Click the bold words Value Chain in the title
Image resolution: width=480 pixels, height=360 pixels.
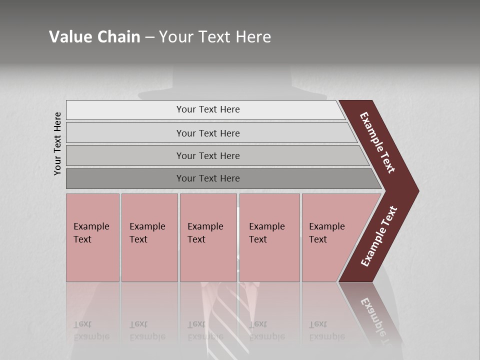click(x=94, y=37)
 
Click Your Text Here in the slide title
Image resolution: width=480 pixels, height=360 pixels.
click(x=215, y=37)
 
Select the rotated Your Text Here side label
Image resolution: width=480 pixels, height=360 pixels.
click(x=58, y=143)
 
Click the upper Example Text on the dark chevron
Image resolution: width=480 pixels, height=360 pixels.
click(x=377, y=142)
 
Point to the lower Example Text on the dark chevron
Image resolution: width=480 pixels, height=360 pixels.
click(x=379, y=236)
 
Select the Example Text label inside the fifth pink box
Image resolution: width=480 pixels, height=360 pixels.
click(x=326, y=233)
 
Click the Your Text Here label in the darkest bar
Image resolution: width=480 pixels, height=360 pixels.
click(x=208, y=178)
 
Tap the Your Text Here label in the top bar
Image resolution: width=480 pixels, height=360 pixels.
click(x=208, y=109)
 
